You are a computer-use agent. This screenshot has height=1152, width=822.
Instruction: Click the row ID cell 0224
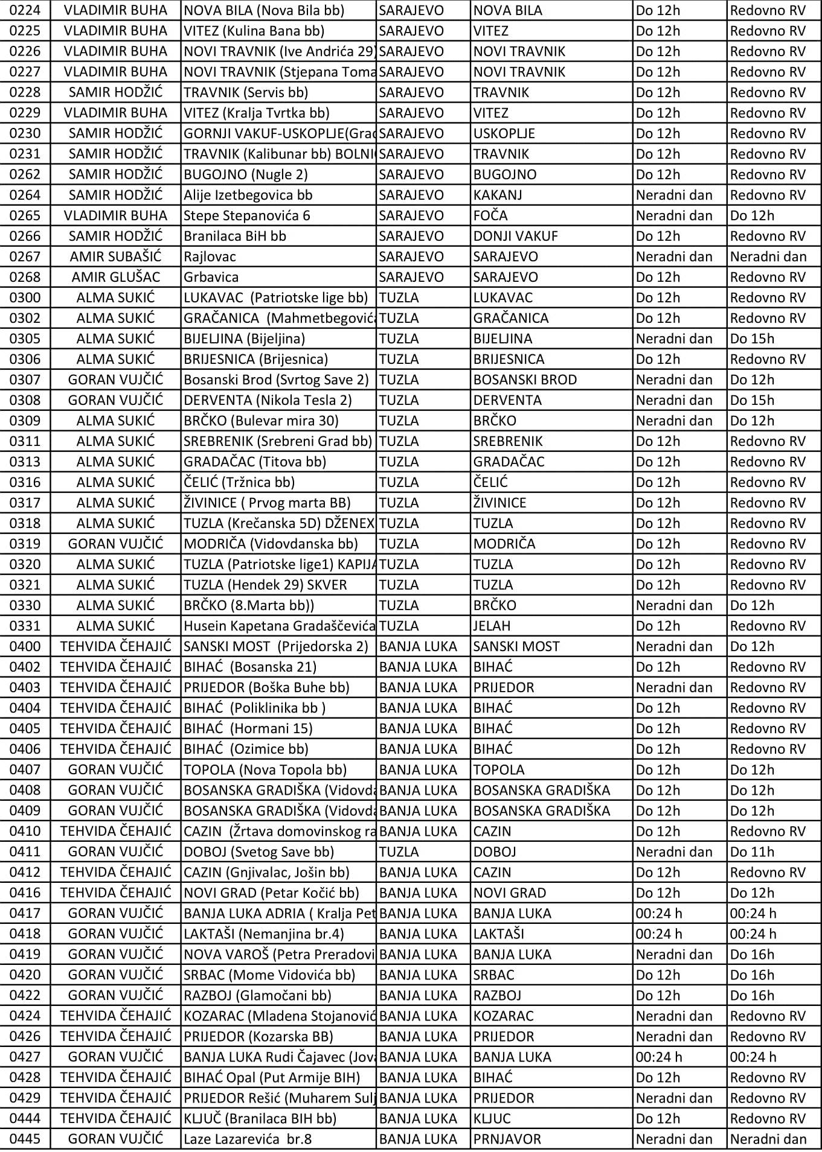tap(25, 10)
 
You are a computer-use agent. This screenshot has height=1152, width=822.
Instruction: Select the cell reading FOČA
tap(490, 215)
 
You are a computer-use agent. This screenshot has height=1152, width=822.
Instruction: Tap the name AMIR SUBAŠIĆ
tap(115, 256)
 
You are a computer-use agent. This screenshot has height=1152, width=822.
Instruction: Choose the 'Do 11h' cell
tap(752, 851)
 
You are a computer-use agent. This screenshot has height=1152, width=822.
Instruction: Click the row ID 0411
tap(25, 851)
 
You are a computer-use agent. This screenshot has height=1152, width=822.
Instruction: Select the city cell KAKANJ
tap(498, 195)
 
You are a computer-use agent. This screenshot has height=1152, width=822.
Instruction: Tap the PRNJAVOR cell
tap(507, 1139)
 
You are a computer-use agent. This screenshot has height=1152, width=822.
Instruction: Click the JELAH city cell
tap(492, 626)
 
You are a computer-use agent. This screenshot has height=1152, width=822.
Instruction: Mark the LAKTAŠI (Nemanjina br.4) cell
tap(264, 934)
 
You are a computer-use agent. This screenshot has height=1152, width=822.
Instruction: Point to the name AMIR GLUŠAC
tap(115, 277)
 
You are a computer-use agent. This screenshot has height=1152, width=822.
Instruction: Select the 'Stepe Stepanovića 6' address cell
tap(247, 215)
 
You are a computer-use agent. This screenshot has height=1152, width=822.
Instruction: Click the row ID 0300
tap(25, 298)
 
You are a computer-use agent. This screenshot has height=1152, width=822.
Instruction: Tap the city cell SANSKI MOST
tap(516, 646)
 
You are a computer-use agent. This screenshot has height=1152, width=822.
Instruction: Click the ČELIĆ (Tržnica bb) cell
tap(240, 482)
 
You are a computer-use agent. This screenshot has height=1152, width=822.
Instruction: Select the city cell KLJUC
tap(492, 1118)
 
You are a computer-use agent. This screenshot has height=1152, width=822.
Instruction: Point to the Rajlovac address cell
tap(210, 256)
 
